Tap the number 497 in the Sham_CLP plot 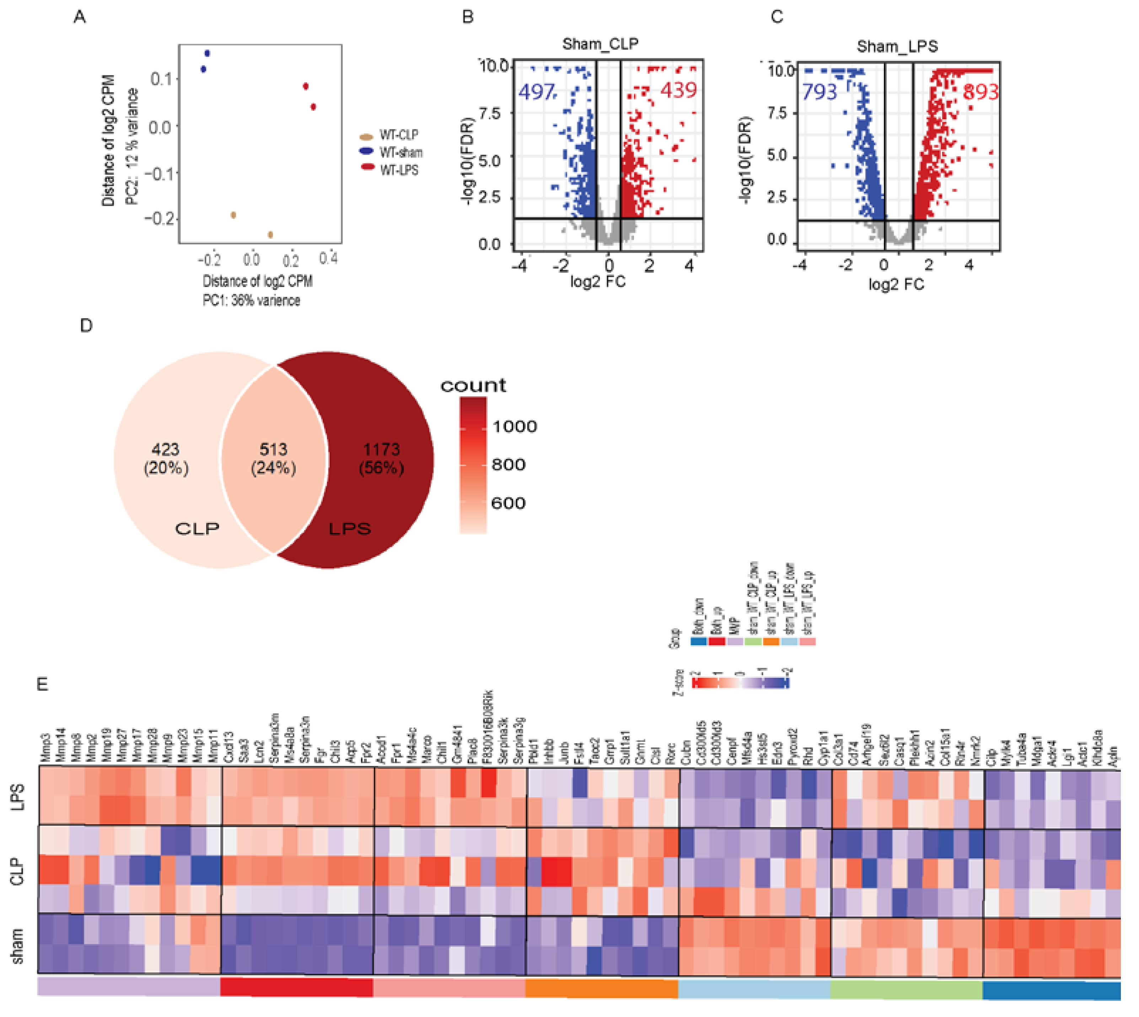536,92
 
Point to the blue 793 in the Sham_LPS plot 820,92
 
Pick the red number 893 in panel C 980,92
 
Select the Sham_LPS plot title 897,46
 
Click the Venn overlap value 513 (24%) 273,458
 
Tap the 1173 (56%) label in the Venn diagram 382,458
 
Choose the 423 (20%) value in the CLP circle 166,458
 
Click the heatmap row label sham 17,947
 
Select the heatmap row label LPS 17,797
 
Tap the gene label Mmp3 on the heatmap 46,747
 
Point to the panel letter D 86,325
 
